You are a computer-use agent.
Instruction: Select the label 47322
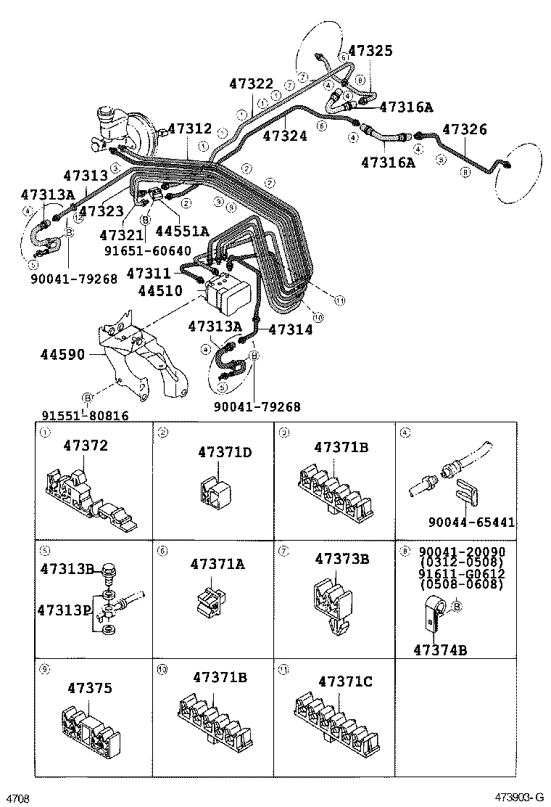[252, 85]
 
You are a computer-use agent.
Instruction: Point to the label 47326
[465, 130]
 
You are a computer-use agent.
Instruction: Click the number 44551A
[182, 231]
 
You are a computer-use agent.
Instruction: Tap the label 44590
[63, 355]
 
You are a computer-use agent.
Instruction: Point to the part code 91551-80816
[85, 416]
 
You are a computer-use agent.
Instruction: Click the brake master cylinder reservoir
[108, 120]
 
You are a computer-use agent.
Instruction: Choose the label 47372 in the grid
[85, 446]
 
